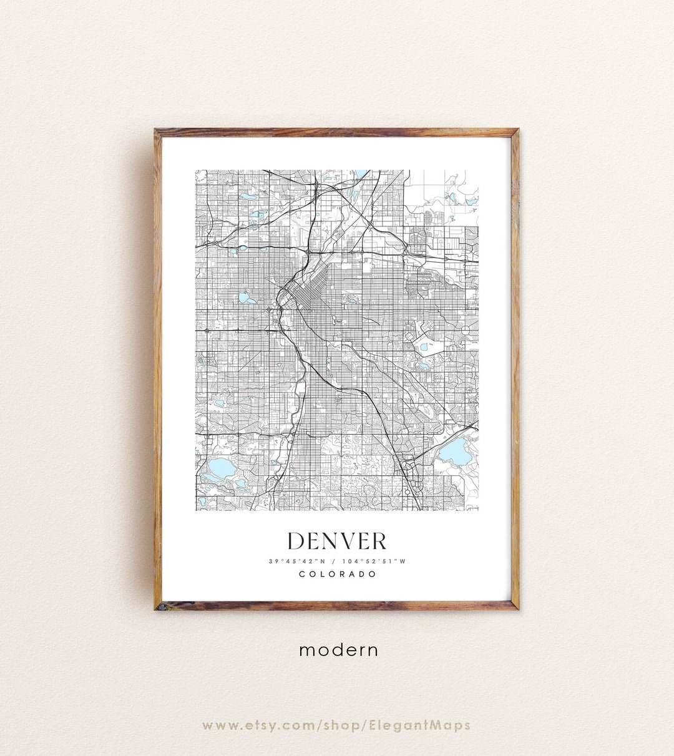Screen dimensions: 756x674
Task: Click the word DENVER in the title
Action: [337, 541]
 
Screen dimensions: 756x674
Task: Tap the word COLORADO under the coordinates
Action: [337, 574]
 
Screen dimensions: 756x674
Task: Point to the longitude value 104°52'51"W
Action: [377, 561]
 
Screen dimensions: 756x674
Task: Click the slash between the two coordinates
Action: [336, 561]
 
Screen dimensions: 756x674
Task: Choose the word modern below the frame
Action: [338, 650]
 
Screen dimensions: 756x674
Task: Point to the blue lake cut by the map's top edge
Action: [361, 173]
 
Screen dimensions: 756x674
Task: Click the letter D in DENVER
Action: [297, 541]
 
